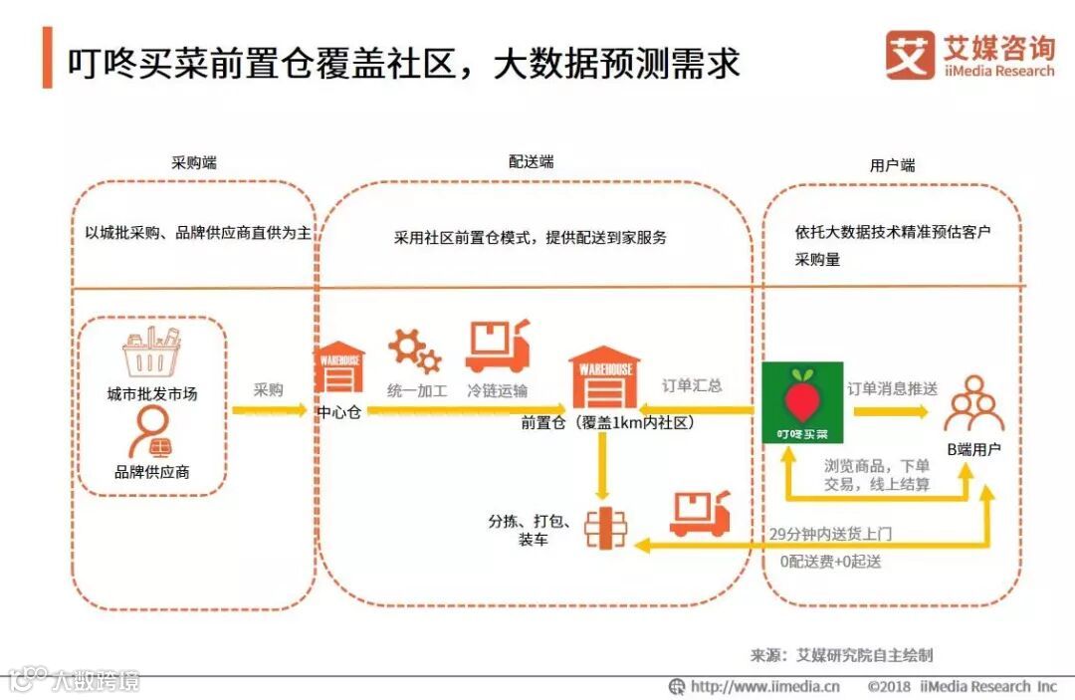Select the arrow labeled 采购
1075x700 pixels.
[269, 408]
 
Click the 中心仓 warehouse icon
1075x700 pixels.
[338, 368]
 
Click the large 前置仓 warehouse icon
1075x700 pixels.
[604, 377]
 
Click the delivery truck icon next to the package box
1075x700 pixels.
[700, 514]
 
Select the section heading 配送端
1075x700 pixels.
[532, 161]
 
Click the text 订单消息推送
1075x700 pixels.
[892, 388]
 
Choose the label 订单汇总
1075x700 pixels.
[693, 385]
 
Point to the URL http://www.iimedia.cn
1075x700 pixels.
[764, 686]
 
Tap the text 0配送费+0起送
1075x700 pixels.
[831, 561]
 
